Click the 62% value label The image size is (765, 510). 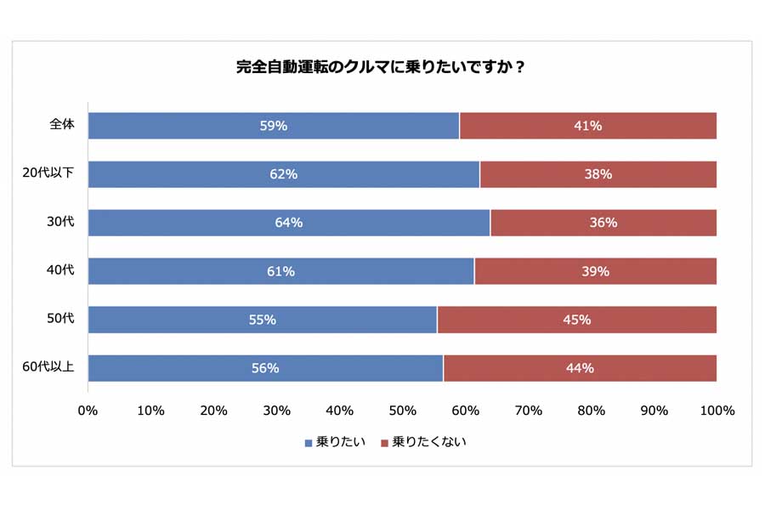coord(284,174)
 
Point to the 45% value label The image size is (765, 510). coord(576,320)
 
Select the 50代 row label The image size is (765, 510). coord(61,319)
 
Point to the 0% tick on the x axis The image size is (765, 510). coord(88,411)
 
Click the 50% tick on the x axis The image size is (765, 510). coord(402,411)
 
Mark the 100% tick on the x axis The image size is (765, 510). coord(717,411)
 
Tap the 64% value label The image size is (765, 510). coord(289,223)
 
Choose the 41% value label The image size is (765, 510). coord(588,126)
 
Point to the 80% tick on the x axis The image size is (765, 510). coord(591,411)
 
